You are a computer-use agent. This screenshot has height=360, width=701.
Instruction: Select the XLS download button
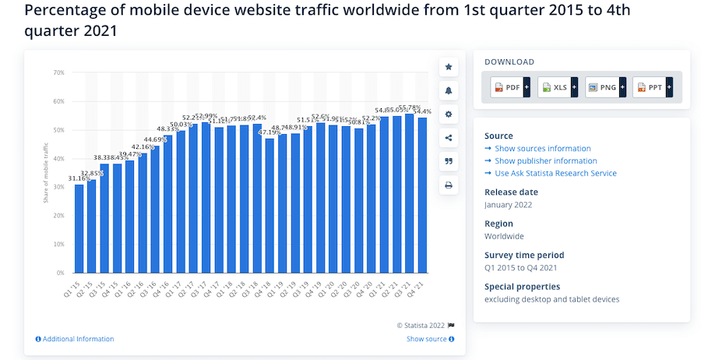coord(557,88)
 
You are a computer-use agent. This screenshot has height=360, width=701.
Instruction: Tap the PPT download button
coord(652,88)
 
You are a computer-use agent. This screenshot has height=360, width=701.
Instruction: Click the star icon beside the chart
coord(449,67)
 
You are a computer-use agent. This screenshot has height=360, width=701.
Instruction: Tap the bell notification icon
coord(449,90)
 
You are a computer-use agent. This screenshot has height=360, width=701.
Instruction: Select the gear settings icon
coord(449,114)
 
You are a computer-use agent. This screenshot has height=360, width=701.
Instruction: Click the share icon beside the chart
coord(449,138)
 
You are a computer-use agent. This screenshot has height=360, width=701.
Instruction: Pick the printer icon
coord(449,185)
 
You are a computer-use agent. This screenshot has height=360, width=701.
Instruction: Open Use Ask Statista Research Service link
coord(555,173)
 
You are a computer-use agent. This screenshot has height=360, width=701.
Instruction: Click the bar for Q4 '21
coord(422,195)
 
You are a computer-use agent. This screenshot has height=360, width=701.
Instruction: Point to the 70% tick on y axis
coord(58,72)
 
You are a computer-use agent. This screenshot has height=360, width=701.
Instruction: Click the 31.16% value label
coord(79,178)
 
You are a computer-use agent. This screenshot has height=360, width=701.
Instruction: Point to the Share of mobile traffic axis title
coord(46,172)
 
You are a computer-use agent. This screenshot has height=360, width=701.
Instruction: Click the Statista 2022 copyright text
coord(421,325)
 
